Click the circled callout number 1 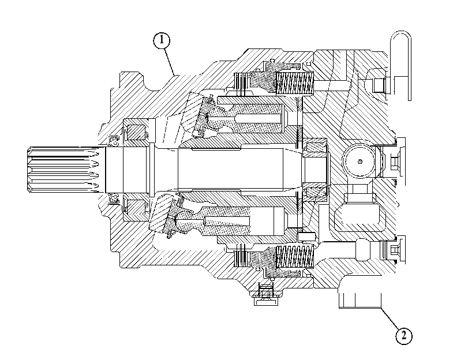click(x=162, y=40)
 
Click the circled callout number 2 click(x=403, y=336)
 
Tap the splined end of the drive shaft click(x=63, y=170)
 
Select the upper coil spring click(x=294, y=83)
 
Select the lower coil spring click(x=294, y=256)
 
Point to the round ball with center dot click(x=360, y=162)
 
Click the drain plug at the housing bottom click(x=265, y=295)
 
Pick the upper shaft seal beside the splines click(x=114, y=140)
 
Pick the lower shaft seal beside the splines click(x=114, y=198)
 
